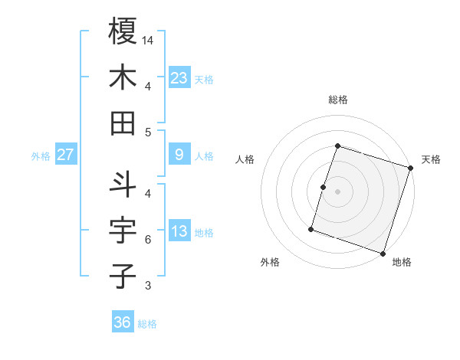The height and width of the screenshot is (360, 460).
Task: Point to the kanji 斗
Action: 123,184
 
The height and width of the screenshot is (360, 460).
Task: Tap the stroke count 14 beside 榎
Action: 148,39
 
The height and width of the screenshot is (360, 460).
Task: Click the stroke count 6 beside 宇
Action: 148,240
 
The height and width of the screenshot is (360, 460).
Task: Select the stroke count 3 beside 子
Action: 148,286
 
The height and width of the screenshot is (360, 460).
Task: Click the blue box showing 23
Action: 179,77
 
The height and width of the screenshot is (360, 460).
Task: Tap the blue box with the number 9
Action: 179,155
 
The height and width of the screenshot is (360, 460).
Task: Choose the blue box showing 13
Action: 179,231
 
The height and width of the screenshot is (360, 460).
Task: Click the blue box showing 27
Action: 66,155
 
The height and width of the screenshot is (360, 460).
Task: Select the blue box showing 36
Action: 123,322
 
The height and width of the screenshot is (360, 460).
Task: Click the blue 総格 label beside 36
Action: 147,324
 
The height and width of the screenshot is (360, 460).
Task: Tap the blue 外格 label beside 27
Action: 41,156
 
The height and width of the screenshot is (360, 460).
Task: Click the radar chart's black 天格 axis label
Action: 431,159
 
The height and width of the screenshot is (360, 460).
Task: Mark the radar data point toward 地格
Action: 383,254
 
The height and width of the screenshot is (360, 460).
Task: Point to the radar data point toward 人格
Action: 323,187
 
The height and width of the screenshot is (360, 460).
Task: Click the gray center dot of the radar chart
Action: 337,191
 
